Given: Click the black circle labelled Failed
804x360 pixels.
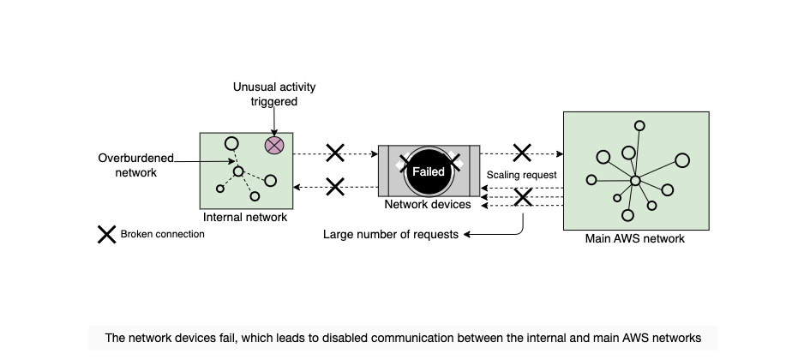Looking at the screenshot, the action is (429, 171).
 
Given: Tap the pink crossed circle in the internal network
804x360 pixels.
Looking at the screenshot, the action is (274, 146).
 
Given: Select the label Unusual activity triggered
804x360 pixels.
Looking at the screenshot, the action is (274, 94).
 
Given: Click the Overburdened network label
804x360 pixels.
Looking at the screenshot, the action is (136, 165).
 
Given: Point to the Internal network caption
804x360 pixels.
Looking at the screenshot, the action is (245, 218).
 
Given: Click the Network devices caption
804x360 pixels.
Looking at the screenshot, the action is (428, 205).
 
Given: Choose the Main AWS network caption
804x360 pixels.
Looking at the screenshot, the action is (635, 238).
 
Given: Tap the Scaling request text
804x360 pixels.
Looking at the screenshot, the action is (521, 175).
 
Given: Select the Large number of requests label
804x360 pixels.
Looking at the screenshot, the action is (391, 234).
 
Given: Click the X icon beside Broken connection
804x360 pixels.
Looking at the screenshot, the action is (106, 234).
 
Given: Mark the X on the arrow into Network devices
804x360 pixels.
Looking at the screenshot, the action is (335, 153).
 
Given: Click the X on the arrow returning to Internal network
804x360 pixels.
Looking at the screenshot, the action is (335, 187).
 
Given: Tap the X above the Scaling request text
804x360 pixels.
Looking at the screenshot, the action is (522, 153).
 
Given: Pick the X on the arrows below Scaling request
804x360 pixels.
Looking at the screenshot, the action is (523, 197).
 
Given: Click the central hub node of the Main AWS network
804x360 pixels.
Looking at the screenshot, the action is (635, 181).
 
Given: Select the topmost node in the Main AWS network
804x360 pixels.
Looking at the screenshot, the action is (639, 126).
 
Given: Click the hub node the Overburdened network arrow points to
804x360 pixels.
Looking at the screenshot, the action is (238, 171).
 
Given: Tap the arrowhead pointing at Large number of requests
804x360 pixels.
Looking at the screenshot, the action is (467, 234).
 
